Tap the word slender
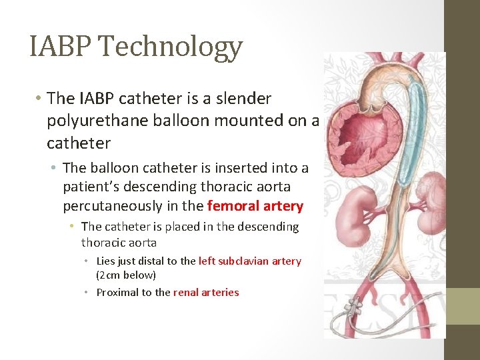(239, 99)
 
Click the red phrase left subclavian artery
(250, 261)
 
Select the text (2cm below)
(126, 275)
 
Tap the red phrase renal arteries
(206, 292)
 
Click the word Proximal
(117, 292)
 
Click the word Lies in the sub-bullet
(107, 261)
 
